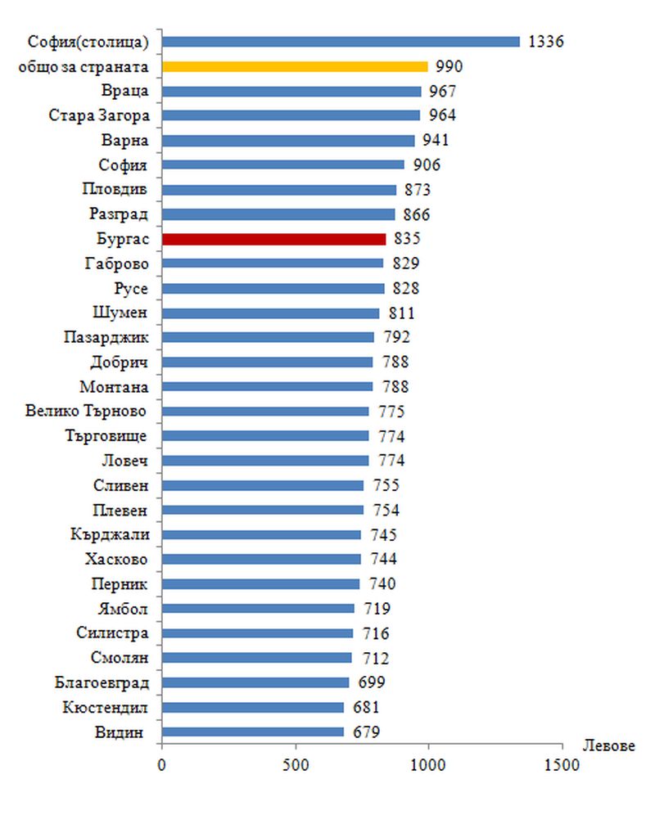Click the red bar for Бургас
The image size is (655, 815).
click(274, 239)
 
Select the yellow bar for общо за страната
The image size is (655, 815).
click(295, 66)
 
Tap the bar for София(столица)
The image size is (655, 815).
click(341, 42)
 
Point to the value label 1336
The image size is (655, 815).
click(546, 42)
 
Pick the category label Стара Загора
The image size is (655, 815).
click(98, 115)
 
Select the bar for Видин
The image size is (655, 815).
click(253, 732)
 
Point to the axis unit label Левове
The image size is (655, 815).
click(609, 746)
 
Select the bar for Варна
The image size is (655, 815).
click(288, 140)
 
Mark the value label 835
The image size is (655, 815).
click(406, 239)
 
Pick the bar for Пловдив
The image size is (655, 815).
click(279, 190)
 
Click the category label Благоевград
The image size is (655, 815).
click(102, 682)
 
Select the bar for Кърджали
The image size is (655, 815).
click(262, 534)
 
